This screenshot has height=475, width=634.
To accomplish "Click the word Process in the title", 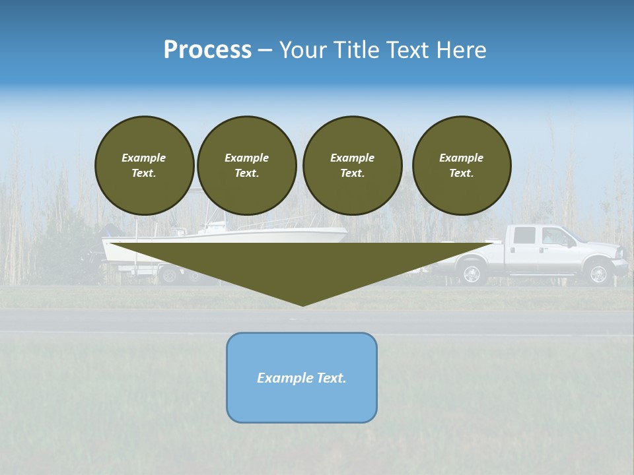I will click(207, 50).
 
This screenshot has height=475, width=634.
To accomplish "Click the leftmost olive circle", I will click(144, 166).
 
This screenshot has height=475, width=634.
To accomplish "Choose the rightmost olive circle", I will click(462, 166).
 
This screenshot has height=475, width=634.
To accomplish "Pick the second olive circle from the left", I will click(246, 166).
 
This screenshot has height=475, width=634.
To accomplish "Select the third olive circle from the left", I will click(352, 166).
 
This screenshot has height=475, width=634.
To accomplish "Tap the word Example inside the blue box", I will click(281, 378).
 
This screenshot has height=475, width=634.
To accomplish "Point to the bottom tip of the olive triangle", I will click(302, 305).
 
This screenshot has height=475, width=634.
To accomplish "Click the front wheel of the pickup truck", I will click(598, 274).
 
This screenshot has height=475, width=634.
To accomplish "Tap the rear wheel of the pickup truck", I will click(472, 274).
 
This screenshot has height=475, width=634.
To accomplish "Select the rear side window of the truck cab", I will click(524, 235).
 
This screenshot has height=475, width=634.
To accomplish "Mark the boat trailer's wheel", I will click(170, 274).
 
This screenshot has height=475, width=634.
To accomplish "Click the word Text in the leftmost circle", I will click(144, 174).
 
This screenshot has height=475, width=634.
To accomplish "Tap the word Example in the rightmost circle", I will click(461, 158).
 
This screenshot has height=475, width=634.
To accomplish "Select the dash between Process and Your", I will click(265, 51).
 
